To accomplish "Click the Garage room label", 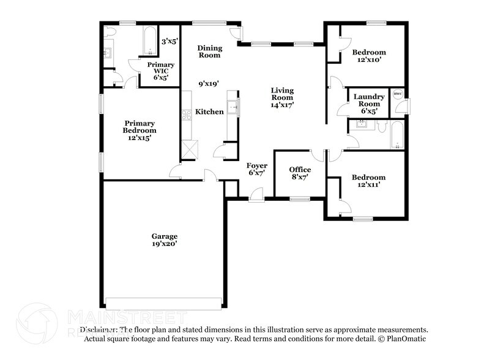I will (165, 236).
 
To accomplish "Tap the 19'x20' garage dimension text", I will (165, 244).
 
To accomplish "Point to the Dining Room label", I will (209, 51).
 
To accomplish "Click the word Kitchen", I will (209, 111).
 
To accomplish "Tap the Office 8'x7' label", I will (300, 173).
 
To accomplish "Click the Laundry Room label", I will (368, 100).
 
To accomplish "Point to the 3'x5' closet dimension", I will (169, 42).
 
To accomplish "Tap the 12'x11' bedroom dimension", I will (368, 186).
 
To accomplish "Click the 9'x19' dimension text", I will (209, 83).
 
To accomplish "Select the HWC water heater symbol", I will (397, 94).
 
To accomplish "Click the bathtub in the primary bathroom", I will (149, 40).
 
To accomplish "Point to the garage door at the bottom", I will (164, 304).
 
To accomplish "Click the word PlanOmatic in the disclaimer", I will (406, 339).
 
